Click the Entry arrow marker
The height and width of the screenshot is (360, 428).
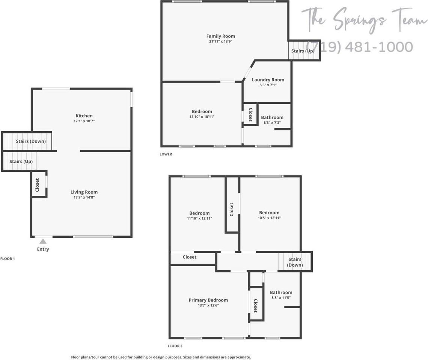click(43, 241)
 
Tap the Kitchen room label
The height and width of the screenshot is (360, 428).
click(84, 116)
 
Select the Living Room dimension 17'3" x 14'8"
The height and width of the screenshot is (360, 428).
click(84, 197)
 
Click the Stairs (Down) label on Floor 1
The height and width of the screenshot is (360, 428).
click(31, 141)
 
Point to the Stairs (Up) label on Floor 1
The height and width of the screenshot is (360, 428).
click(21, 162)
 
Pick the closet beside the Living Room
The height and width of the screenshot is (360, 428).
click(38, 185)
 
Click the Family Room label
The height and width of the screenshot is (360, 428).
click(221, 36)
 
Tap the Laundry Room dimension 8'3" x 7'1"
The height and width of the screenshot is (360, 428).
click(268, 85)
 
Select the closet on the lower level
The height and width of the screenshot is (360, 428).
click(250, 114)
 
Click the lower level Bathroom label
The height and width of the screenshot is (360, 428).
click(272, 117)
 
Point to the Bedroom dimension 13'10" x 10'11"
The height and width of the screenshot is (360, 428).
click(202, 117)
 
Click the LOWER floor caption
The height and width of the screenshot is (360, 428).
click(166, 154)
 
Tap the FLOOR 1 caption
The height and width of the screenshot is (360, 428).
click(8, 259)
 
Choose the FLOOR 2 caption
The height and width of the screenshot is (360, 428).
click(175, 346)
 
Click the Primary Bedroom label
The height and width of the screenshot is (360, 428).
click(208, 300)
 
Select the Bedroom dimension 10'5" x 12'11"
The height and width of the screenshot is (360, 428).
click(269, 218)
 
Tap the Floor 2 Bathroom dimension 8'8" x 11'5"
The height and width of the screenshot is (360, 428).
click(281, 298)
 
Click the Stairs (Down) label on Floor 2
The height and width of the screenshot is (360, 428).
click(295, 262)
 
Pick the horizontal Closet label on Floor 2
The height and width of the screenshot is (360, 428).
click(190, 257)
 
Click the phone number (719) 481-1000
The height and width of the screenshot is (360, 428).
click(360, 47)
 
